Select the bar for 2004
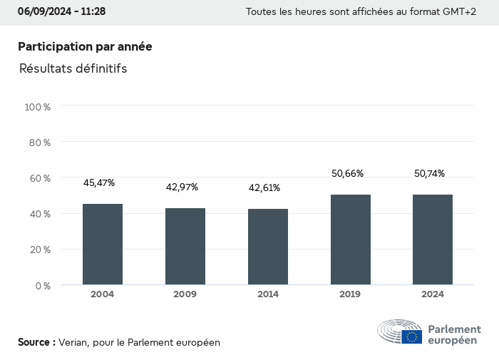pos(103,245)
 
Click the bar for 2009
pos(185,247)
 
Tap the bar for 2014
pos(268,247)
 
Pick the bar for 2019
pos(351,240)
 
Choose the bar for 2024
pos(433,240)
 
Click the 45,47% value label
pos(99,183)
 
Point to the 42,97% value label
pos(182,187)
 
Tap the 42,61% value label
pos(264,188)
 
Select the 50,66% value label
pos(347,173)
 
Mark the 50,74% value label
pos(429,173)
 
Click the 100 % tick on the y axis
pos(38,107)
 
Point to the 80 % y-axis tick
pos(40,143)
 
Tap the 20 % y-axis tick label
pos(40,250)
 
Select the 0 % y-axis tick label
pos(43,286)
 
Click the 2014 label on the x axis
pos(268,294)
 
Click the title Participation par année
pos(85,46)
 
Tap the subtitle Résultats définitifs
pos(73,69)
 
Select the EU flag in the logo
pos(412,336)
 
